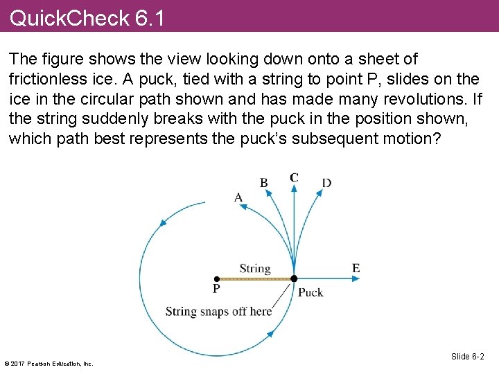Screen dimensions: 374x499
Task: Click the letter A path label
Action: (238, 197)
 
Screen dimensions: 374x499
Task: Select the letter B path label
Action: (264, 183)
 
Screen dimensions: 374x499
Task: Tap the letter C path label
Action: (294, 178)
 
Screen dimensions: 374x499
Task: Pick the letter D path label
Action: (326, 183)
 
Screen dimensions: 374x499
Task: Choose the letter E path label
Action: (356, 268)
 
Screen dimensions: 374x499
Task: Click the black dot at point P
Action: (217, 278)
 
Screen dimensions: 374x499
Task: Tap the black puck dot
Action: (294, 278)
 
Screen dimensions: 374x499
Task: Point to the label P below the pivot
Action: (216, 289)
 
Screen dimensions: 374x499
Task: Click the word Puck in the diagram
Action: (310, 292)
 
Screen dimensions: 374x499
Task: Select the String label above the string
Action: (254, 269)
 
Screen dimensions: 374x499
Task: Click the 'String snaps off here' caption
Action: (218, 311)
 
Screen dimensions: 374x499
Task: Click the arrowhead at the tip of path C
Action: (294, 190)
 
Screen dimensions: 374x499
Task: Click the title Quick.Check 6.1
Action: (87, 17)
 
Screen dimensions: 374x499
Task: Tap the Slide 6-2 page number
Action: (467, 357)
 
